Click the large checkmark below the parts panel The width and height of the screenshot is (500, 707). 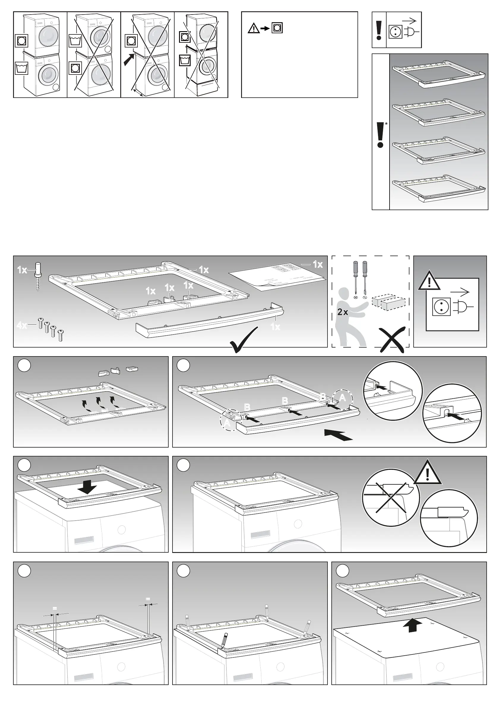(243, 340)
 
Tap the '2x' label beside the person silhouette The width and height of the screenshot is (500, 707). (342, 312)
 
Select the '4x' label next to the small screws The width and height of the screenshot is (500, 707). (22, 326)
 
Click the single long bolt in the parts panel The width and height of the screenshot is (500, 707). (38, 276)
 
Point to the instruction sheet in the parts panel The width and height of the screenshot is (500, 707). (277, 276)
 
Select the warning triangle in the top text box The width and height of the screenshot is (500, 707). (254, 28)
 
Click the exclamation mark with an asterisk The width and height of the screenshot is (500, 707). (381, 135)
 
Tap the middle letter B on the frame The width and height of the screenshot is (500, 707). (285, 401)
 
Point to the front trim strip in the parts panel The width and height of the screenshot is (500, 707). (210, 322)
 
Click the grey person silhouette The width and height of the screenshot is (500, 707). (350, 317)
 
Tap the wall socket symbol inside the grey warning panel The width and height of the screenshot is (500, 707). (441, 307)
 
